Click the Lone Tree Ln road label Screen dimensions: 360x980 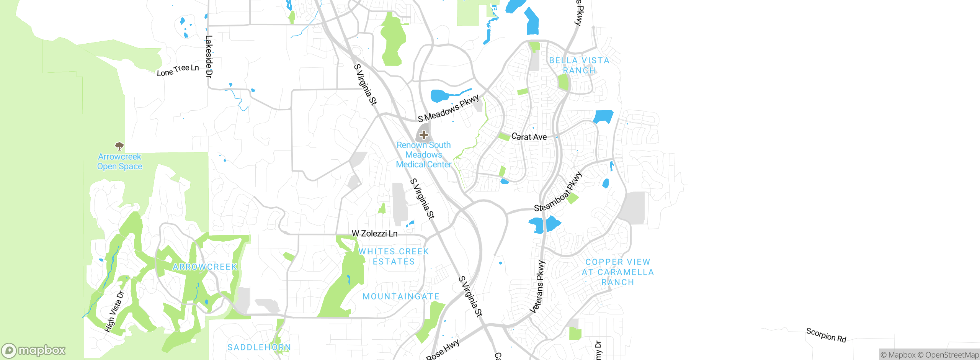click(x=178, y=70)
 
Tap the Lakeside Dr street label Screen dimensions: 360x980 click(x=209, y=56)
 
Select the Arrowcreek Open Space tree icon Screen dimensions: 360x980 click(x=119, y=146)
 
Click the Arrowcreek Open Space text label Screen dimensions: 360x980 click(x=119, y=162)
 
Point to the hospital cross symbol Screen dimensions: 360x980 click(x=423, y=135)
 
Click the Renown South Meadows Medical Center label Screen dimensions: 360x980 click(x=424, y=155)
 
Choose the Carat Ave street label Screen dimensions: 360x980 click(x=529, y=137)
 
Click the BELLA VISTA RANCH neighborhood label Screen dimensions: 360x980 click(x=579, y=65)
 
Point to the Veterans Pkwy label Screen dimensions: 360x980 click(x=537, y=287)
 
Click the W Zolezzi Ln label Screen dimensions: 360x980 click(x=374, y=233)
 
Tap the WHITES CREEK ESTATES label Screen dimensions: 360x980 click(x=394, y=257)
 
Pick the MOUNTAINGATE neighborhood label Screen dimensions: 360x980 click(x=401, y=296)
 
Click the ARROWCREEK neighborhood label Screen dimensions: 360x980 click(x=205, y=267)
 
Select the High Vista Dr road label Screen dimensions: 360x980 click(x=114, y=311)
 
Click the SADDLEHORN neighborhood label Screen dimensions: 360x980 click(x=259, y=347)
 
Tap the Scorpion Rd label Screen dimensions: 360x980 click(x=826, y=335)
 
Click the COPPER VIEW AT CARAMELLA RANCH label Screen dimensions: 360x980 click(x=617, y=272)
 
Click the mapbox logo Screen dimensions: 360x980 click(x=34, y=350)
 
